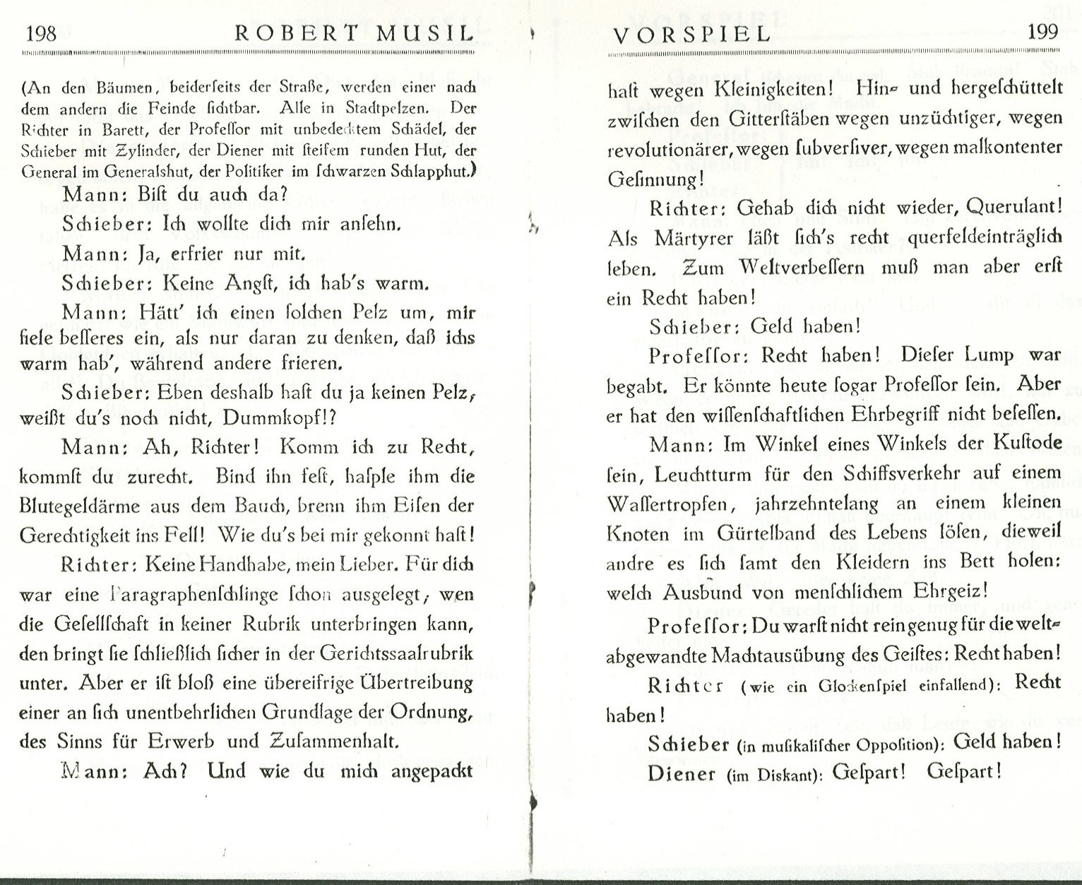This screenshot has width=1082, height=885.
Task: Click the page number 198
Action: tap(40, 33)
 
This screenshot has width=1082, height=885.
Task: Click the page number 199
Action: tap(1042, 32)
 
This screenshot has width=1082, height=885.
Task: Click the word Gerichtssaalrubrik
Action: tap(397, 653)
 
